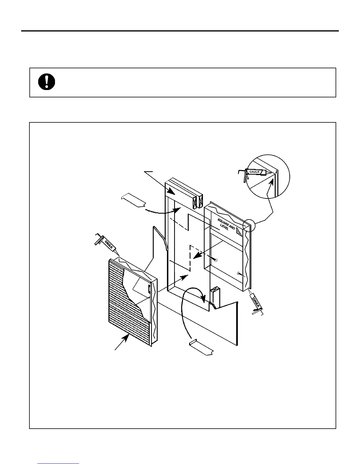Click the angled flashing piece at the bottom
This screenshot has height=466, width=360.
click(202, 347)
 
